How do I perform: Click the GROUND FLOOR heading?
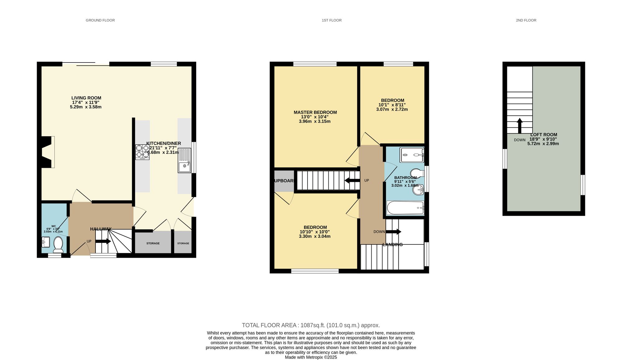[100, 20]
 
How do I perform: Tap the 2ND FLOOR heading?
[526, 20]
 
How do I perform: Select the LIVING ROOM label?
[86, 98]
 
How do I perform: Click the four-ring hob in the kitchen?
[142, 152]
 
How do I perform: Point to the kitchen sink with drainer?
[184, 160]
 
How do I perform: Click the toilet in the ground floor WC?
[58, 244]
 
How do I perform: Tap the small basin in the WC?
[46, 242]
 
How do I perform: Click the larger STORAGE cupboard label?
[153, 243]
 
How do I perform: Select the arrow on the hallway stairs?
[103, 241]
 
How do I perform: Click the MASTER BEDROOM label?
[315, 112]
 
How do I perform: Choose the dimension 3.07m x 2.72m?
[392, 109]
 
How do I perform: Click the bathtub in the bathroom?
[405, 208]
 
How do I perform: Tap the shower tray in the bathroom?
[412, 155]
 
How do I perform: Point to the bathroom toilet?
[417, 173]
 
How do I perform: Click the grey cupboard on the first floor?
[284, 181]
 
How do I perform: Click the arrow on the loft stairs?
[519, 126]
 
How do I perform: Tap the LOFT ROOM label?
[543, 135]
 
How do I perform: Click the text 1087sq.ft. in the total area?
[313, 325]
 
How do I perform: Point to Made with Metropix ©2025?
[311, 358]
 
